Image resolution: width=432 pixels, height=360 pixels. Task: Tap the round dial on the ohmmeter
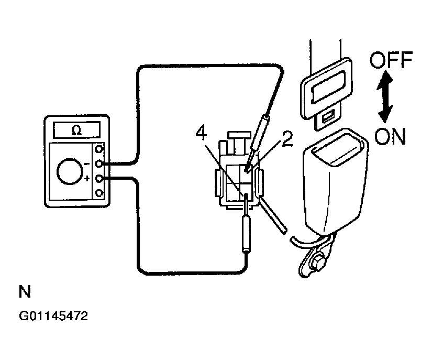(x=70, y=172)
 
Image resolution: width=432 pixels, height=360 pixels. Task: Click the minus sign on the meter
(x=86, y=163)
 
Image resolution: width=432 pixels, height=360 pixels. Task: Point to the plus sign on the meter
(x=87, y=180)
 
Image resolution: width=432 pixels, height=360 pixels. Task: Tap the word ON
(x=390, y=137)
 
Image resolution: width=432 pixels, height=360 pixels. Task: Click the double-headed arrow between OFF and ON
(x=386, y=99)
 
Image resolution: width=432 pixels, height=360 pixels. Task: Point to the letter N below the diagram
(x=24, y=292)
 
